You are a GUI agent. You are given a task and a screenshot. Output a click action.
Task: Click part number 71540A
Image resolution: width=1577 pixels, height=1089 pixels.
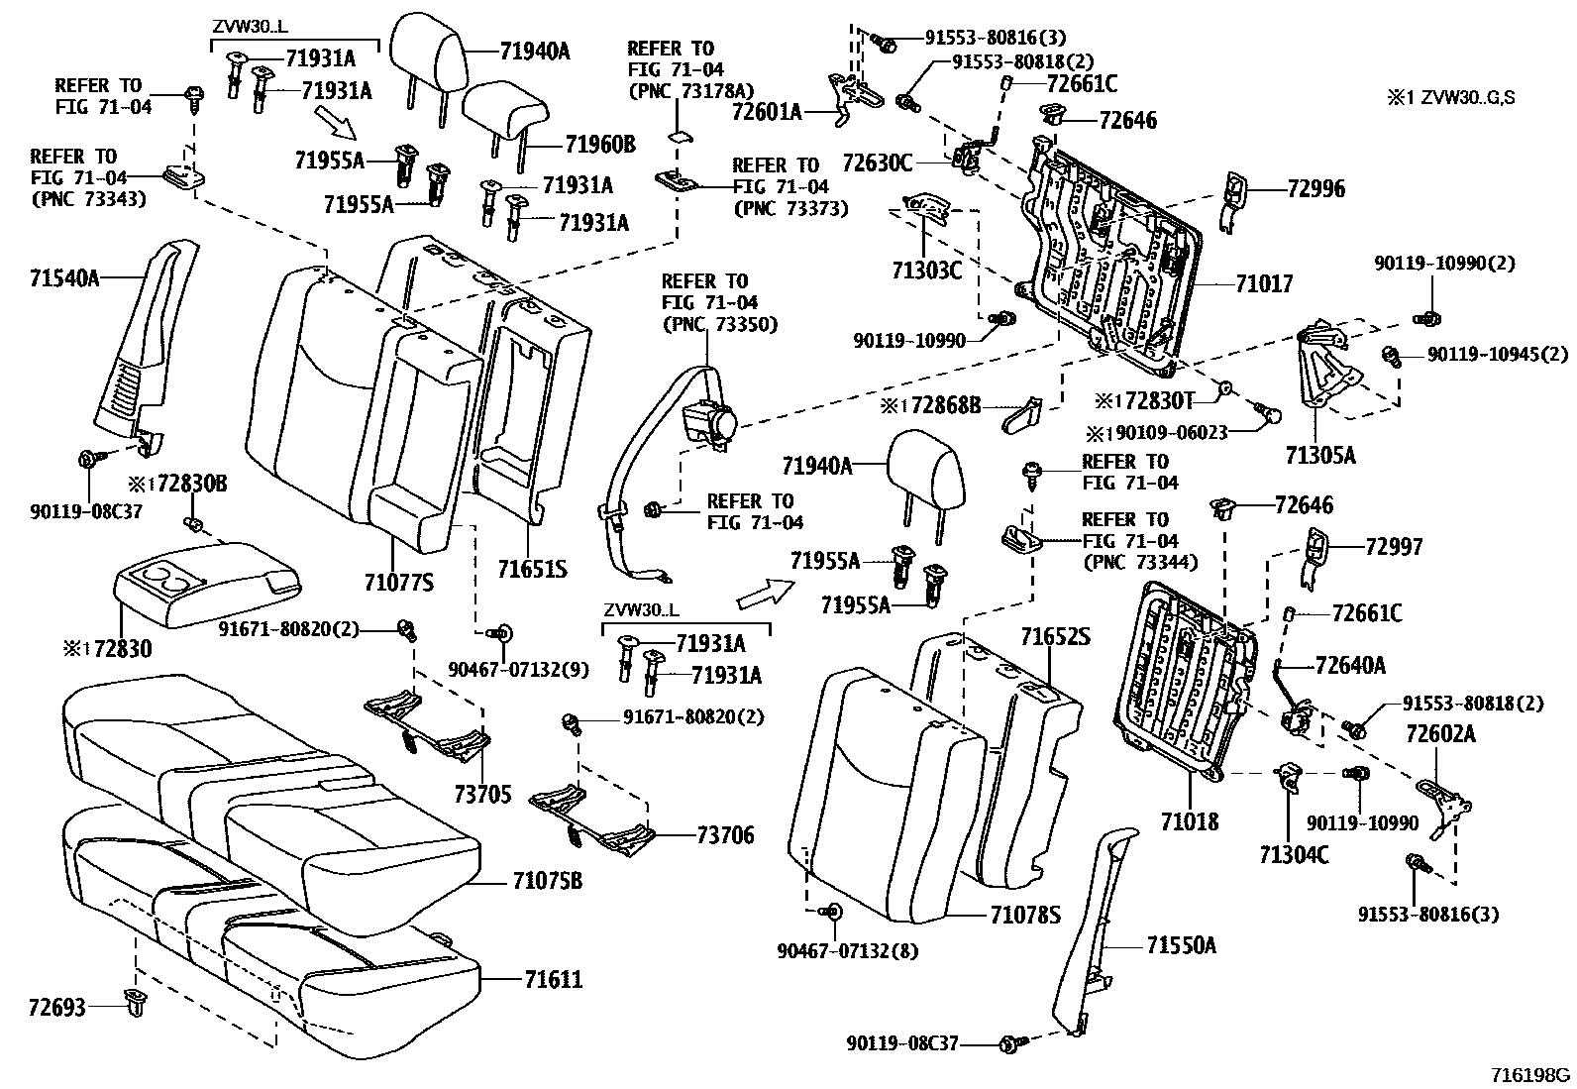pyautogui.click(x=63, y=278)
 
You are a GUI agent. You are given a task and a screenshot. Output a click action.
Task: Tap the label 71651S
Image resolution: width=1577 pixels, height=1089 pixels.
pyautogui.click(x=532, y=570)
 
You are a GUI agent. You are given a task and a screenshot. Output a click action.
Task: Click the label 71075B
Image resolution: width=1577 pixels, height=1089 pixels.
pyautogui.click(x=548, y=881)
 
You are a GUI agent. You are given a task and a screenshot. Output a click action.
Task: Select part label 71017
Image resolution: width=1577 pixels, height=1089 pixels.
pyautogui.click(x=1264, y=283)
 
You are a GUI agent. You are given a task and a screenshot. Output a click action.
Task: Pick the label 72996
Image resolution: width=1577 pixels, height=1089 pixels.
pyautogui.click(x=1316, y=188)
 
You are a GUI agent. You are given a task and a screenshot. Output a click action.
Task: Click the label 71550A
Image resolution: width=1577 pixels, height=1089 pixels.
pyautogui.click(x=1182, y=946)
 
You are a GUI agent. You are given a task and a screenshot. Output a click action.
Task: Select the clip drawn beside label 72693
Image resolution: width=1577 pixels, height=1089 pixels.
pyautogui.click(x=133, y=1003)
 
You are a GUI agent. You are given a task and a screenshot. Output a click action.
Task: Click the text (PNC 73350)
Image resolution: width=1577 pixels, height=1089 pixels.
pyautogui.click(x=719, y=324)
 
